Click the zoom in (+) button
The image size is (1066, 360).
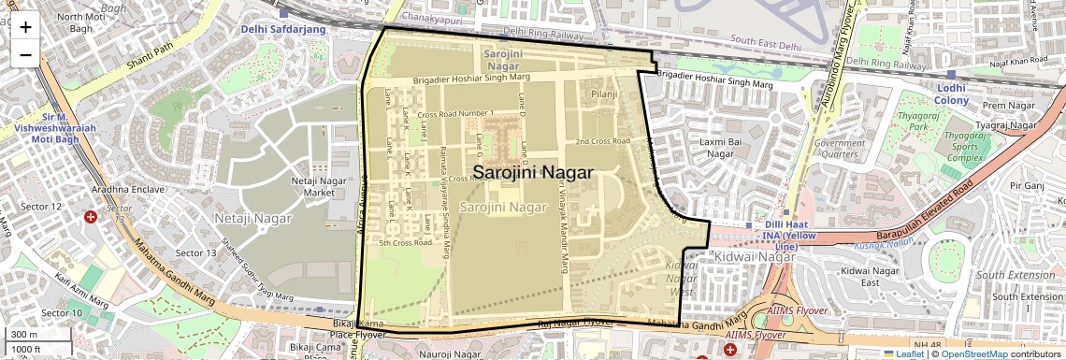point(25,27)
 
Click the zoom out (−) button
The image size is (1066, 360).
point(25,54)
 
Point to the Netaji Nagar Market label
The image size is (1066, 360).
point(312,186)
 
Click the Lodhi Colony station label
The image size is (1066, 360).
point(952,94)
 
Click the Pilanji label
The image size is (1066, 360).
point(605,94)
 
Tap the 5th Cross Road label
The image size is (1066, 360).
point(405,243)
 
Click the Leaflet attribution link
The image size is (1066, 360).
point(903,353)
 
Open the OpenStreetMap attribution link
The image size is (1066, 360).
point(974,353)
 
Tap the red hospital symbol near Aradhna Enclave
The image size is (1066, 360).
point(91,217)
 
